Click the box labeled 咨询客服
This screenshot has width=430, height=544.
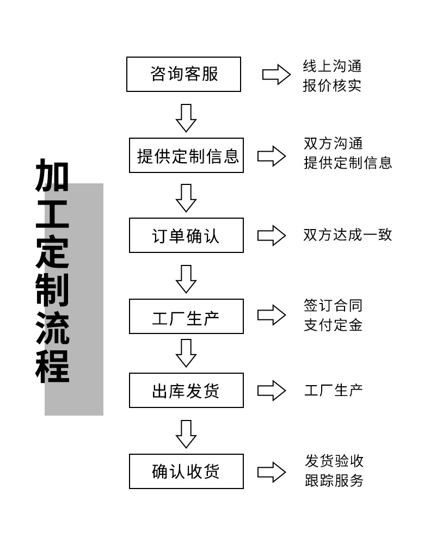pyautogui.click(x=183, y=74)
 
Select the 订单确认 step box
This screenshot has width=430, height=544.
pyautogui.click(x=186, y=235)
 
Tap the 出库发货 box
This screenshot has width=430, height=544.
pyautogui.click(x=186, y=391)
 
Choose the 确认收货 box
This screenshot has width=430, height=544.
pyautogui.click(x=186, y=471)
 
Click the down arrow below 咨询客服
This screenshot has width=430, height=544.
pyautogui.click(x=186, y=117)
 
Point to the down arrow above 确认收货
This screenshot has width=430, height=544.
pyautogui.click(x=186, y=434)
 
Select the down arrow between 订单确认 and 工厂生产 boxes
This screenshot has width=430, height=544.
pyautogui.click(x=186, y=279)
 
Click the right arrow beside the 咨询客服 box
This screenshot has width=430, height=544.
pyautogui.click(x=277, y=75)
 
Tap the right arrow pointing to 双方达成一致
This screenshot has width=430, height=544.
pyautogui.click(x=272, y=235)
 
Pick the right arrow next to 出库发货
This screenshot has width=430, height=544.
pyautogui.click(x=272, y=391)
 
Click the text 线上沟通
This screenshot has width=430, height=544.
pyautogui.click(x=332, y=66)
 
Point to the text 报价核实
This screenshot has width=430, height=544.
pyautogui.click(x=332, y=86)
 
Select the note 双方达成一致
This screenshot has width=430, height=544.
pyautogui.click(x=348, y=234)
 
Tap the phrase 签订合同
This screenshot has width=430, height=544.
pyautogui.click(x=333, y=306)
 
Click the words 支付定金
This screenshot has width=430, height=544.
pyautogui.click(x=333, y=325)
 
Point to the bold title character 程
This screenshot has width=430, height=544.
pyautogui.click(x=52, y=367)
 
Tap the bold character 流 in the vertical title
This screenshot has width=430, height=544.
pyautogui.click(x=52, y=329)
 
